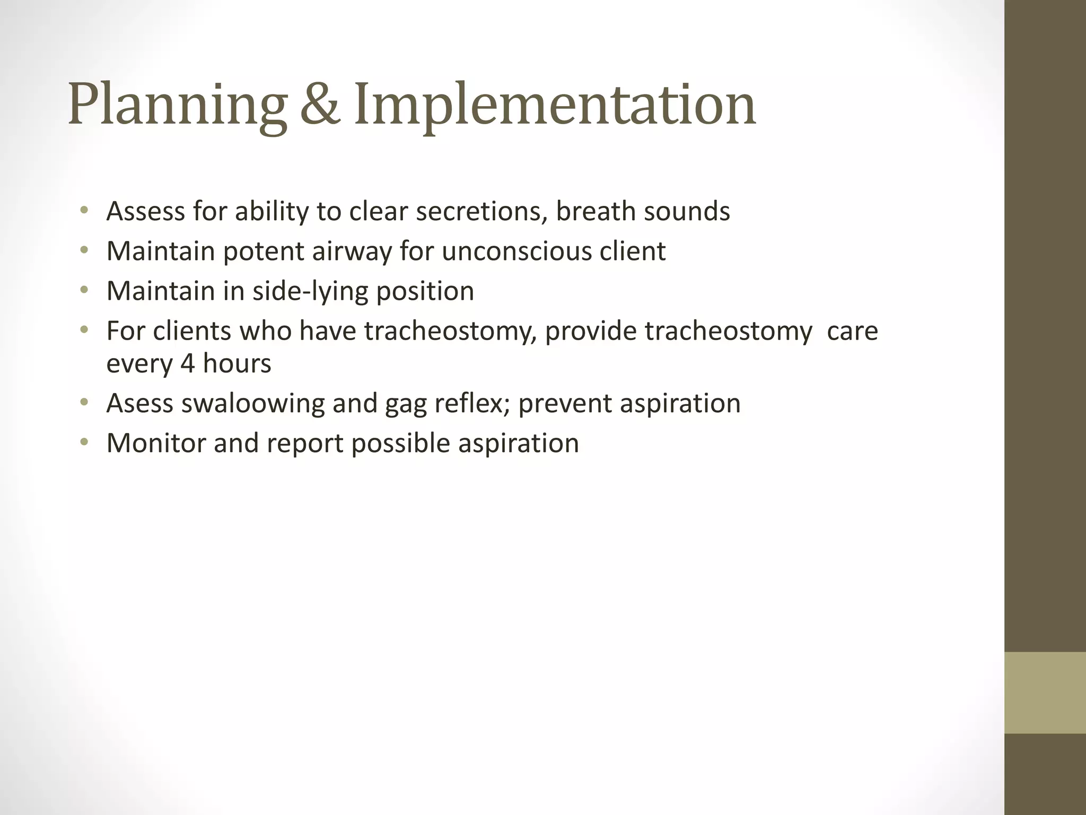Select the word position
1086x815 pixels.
pos(425,291)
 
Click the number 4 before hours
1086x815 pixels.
pos(188,364)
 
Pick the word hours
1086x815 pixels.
pos(237,364)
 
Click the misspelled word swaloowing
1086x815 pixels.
pos(253,404)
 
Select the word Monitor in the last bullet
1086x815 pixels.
pos(156,443)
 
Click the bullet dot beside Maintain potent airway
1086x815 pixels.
pos(84,250)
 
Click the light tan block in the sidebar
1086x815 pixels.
pos(1045,692)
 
